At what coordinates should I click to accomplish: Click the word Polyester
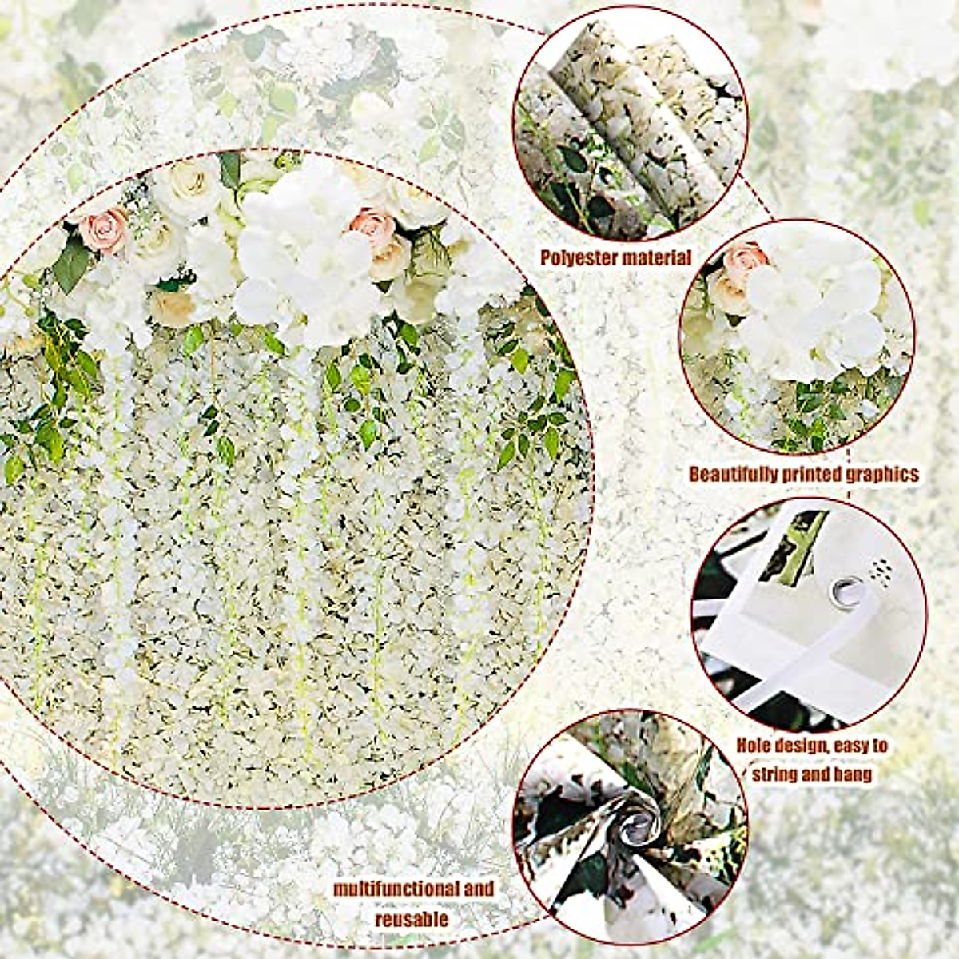click(x=577, y=258)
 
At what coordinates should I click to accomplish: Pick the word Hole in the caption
click(x=756, y=747)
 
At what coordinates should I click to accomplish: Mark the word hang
click(x=850, y=774)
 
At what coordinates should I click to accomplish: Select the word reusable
click(x=412, y=919)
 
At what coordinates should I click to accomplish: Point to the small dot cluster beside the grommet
click(x=881, y=569)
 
